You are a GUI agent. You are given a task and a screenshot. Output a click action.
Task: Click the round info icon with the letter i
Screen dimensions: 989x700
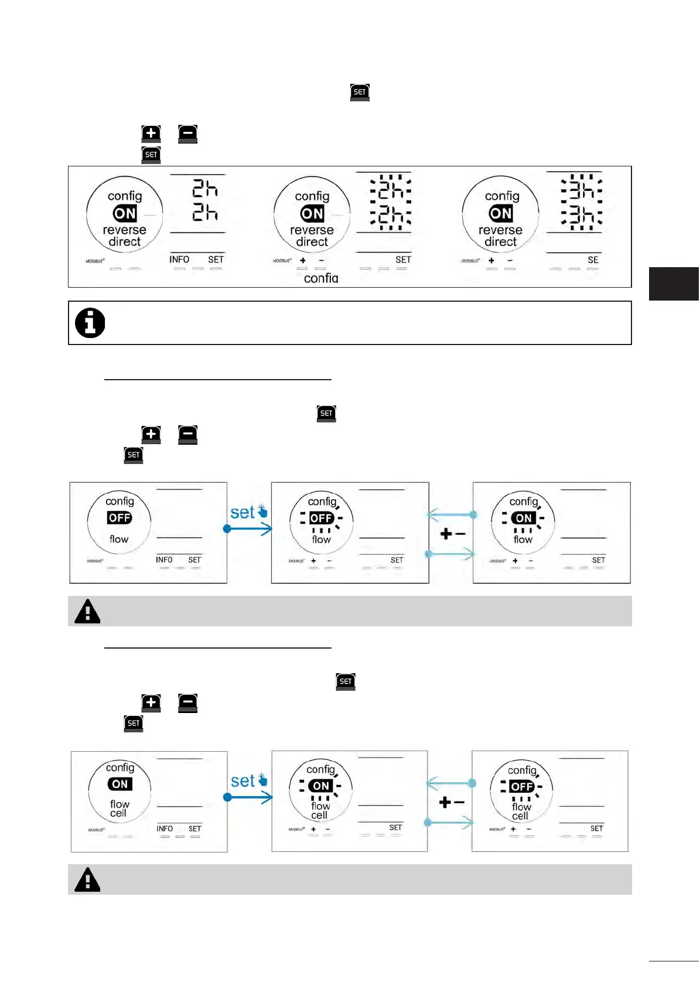coord(90,323)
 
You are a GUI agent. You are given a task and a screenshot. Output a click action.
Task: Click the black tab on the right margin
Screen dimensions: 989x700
coord(674,284)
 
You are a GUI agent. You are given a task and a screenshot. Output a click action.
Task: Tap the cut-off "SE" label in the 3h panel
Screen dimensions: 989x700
coord(593,260)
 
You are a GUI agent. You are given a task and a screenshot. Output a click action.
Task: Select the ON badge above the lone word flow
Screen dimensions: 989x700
coord(524,518)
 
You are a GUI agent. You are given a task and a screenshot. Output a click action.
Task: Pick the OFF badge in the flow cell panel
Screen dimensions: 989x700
coord(521,786)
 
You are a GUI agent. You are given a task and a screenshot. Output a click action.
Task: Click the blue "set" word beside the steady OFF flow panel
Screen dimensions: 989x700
coord(242,513)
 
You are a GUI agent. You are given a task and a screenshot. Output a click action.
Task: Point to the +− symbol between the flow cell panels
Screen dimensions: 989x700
coord(452,802)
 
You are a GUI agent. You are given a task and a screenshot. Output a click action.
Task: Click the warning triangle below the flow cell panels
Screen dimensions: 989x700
coord(88,879)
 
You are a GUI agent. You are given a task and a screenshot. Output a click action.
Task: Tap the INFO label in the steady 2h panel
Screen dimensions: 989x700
coord(179,260)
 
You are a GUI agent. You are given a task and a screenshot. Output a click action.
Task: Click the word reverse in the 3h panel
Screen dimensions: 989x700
coord(500,230)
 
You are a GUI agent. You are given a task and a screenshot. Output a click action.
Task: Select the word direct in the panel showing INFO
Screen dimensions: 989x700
coord(124,242)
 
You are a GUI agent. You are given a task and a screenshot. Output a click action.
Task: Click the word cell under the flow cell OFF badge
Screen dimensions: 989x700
coord(520,816)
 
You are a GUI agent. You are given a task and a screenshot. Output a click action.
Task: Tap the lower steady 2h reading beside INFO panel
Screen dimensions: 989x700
coord(205,212)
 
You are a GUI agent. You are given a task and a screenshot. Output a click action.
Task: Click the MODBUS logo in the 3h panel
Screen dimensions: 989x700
coord(470,261)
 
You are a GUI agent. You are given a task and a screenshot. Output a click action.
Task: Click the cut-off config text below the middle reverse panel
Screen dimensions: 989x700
coord(321,278)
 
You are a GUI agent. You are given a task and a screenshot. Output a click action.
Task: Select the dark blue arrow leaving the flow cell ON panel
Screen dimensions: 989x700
coord(250,797)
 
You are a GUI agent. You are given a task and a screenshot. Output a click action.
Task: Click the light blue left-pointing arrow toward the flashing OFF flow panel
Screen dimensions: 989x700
coord(451,516)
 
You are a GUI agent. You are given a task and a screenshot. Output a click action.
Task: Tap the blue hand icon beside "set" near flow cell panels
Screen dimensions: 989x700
coord(263,780)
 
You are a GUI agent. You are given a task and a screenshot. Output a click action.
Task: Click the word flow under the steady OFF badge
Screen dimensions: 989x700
coord(119,539)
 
